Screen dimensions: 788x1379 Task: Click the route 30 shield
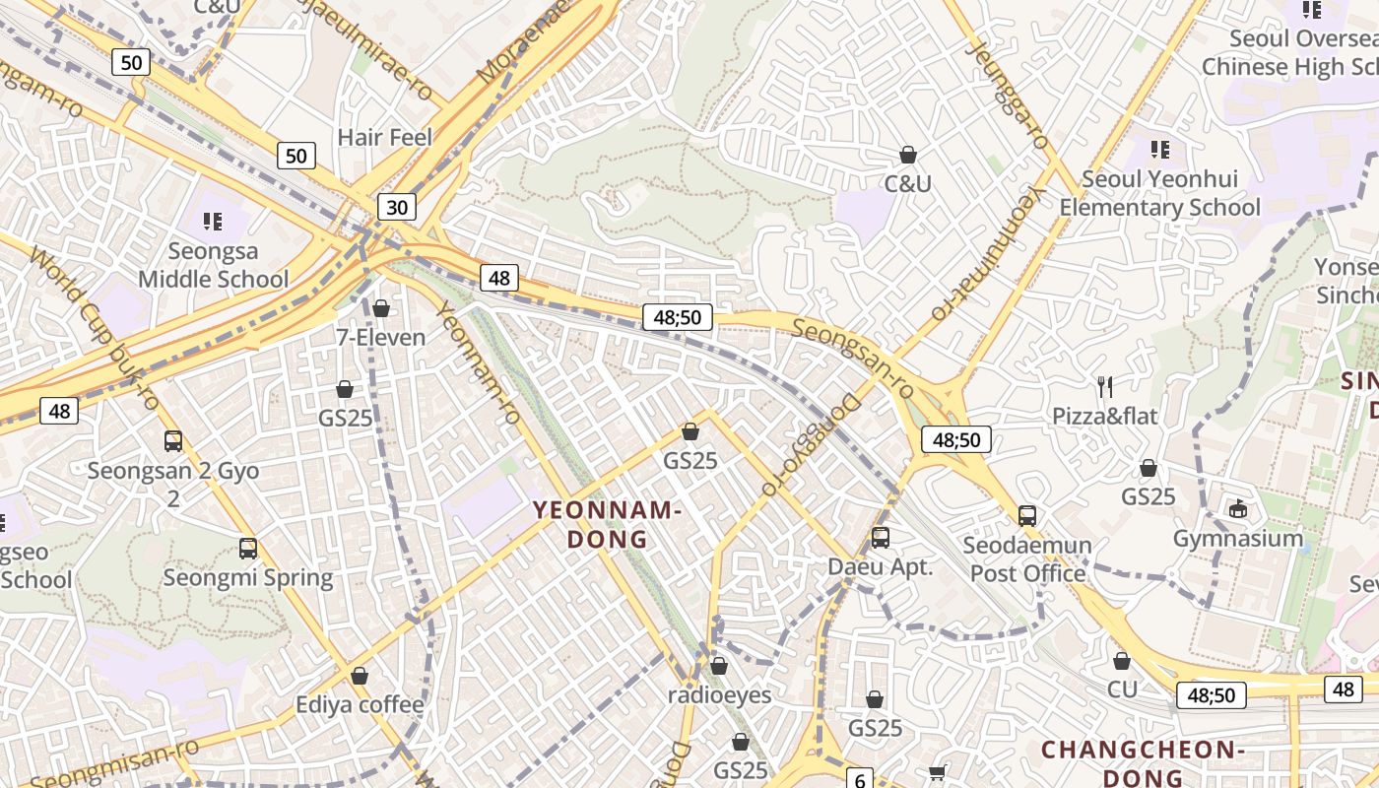point(396,207)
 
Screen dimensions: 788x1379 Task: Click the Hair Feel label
point(385,137)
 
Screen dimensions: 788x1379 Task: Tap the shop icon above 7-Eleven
point(381,309)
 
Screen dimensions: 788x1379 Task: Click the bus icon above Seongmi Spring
point(248,549)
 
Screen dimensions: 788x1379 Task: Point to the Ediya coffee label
point(361,705)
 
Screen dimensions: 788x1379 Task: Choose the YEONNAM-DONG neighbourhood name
point(608,524)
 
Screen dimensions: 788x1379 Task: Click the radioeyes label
point(719,694)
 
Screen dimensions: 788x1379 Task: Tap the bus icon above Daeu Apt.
point(881,538)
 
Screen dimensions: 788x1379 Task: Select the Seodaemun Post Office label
point(1027,558)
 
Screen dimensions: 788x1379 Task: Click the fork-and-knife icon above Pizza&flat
point(1105,386)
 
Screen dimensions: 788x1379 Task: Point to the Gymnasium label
point(1238,539)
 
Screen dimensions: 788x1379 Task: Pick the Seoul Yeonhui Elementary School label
point(1159,193)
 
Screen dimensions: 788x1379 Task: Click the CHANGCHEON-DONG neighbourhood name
point(1144,763)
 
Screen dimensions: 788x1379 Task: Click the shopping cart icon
point(938,773)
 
